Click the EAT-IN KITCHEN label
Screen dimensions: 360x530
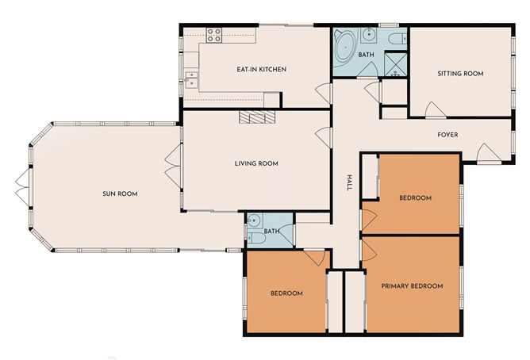[x=261, y=70]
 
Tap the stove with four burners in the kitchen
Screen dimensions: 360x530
[x=213, y=34]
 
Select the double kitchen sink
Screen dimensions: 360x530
[x=190, y=78]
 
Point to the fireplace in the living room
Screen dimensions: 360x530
[x=256, y=117]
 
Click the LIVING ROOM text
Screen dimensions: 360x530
[x=255, y=164]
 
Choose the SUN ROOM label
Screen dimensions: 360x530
[x=120, y=193]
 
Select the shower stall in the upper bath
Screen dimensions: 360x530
[x=395, y=63]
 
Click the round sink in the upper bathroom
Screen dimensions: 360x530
[x=370, y=34]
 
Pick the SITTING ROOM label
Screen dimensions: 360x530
[x=460, y=74]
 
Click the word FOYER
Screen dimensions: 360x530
[x=448, y=135]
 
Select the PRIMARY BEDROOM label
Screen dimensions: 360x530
[x=411, y=285]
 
